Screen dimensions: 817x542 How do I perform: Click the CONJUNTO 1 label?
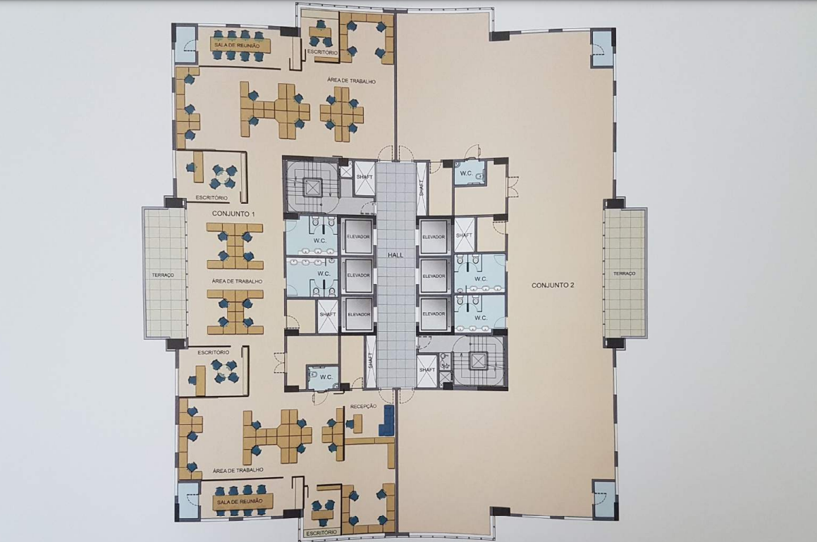(x=233, y=214)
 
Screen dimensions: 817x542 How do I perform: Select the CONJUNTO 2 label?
(x=553, y=285)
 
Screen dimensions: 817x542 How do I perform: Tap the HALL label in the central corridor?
(x=395, y=255)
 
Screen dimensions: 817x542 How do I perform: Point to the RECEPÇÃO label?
(x=363, y=406)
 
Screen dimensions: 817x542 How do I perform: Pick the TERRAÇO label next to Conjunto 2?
(x=625, y=273)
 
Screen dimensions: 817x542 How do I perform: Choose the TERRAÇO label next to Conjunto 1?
(x=163, y=275)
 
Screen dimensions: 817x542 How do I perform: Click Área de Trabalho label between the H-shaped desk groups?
(x=237, y=281)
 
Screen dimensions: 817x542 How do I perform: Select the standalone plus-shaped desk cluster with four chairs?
(x=341, y=113)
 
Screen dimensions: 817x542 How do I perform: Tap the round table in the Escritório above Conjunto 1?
(x=224, y=177)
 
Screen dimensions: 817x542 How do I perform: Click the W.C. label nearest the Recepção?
(x=326, y=377)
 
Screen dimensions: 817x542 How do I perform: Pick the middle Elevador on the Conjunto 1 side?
(x=359, y=275)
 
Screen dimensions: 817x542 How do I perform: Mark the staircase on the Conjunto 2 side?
(x=479, y=361)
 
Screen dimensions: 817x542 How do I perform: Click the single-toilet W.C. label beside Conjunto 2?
(x=466, y=173)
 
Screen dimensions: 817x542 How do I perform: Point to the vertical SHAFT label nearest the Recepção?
(x=371, y=360)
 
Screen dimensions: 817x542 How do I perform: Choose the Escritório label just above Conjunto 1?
(x=211, y=198)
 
